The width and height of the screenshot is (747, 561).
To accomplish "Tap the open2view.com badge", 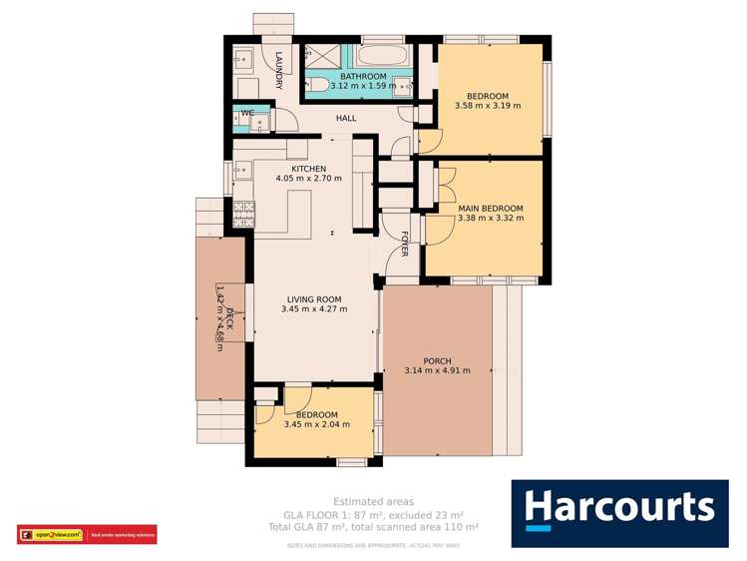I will pos(52,535).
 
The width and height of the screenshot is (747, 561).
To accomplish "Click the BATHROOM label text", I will pos(363,76).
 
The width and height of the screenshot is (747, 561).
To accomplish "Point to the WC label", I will pos(246,113).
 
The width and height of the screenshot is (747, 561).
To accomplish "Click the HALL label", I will pos(346,119).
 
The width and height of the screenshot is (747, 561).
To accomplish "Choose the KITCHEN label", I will pos(309,169).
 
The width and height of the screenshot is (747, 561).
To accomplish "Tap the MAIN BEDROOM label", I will pos(489,209).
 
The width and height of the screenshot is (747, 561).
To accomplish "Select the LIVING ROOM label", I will pos(314,298).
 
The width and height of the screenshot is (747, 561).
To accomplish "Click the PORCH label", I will pos(438,360).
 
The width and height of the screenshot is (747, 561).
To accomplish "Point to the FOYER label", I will pos(405,244).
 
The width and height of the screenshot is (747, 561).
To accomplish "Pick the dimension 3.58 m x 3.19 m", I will pos(488,105).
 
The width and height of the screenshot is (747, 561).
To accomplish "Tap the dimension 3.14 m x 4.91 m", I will pos(438,371).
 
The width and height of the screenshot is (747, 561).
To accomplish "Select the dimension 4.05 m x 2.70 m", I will pos(309,180).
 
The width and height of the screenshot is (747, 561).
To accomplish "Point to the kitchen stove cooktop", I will pos(242,212).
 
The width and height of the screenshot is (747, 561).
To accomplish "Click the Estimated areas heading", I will pos(373,501).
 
